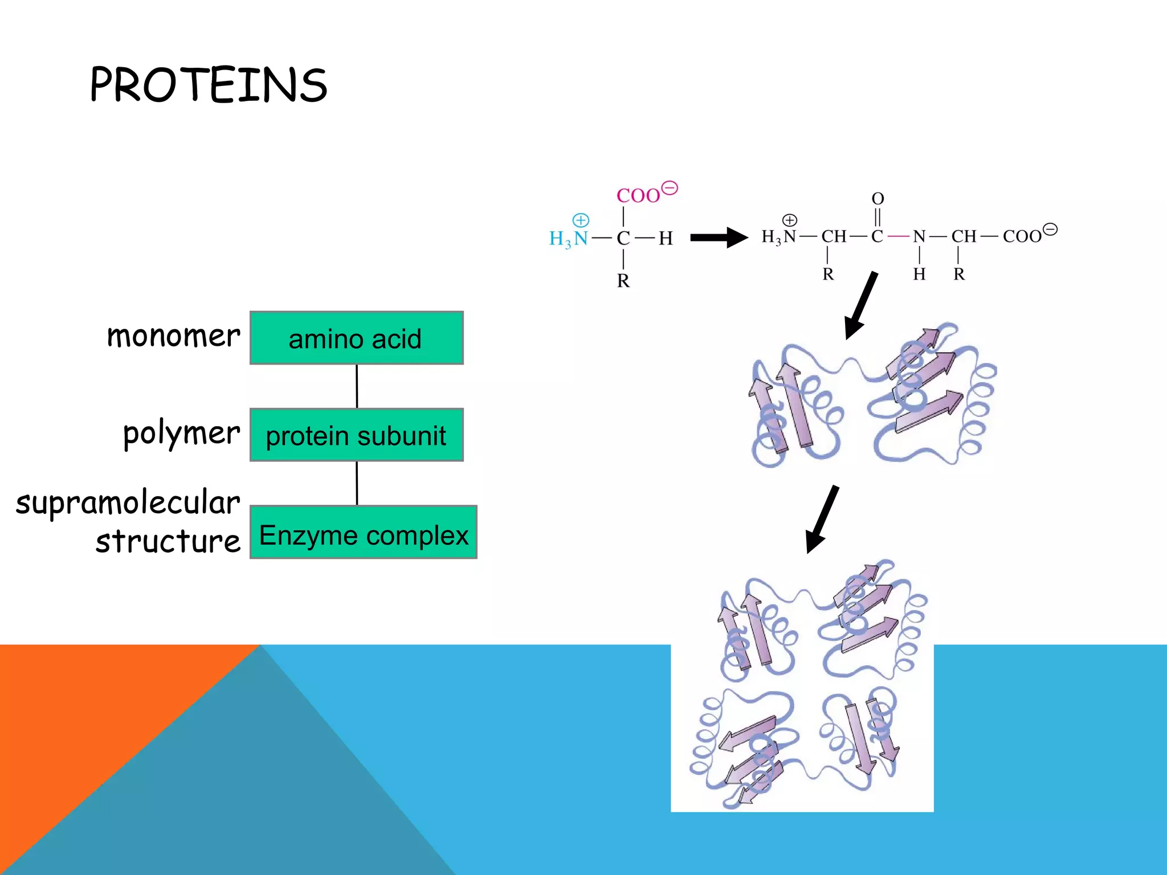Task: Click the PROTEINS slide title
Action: [209, 85]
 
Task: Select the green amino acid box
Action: [357, 338]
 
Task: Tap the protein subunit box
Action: [357, 435]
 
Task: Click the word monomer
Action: [173, 336]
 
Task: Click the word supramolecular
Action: [128, 503]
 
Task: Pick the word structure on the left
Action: [168, 541]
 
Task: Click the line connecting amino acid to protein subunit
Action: [357, 386]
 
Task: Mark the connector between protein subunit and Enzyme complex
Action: [357, 483]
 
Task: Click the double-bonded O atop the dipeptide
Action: [878, 199]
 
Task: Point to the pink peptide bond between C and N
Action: [898, 236]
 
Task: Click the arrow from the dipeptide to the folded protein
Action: [861, 305]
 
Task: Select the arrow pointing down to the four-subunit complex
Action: [822, 519]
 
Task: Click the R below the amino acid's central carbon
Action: [623, 281]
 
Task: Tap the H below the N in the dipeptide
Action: [919, 275]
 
